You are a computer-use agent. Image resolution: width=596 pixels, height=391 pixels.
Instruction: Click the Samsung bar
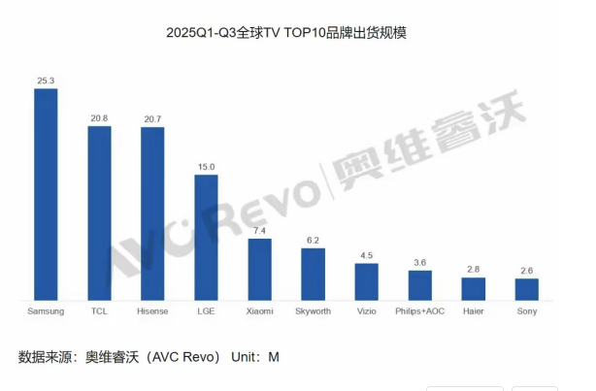tap(46, 194)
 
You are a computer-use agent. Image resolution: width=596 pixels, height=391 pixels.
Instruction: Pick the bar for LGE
tap(206, 237)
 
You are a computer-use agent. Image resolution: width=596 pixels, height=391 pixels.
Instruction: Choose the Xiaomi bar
tap(259, 269)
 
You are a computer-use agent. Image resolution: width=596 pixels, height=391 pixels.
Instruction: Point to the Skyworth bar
tap(313, 274)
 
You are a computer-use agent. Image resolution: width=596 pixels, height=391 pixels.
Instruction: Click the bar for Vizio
tap(366, 281)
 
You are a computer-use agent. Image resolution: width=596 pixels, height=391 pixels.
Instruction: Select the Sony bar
tap(526, 289)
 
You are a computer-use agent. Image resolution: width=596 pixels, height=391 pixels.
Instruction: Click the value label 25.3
tap(46, 80)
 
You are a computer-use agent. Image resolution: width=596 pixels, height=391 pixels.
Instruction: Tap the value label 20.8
tap(99, 117)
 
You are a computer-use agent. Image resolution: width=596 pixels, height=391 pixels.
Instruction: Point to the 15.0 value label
tap(206, 166)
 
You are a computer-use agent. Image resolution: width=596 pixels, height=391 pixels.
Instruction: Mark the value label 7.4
tap(259, 230)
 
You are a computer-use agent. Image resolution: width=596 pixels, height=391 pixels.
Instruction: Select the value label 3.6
tap(419, 262)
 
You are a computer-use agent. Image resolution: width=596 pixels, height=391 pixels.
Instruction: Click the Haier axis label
tap(473, 311)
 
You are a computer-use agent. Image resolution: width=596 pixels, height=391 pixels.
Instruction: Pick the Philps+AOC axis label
tap(419, 311)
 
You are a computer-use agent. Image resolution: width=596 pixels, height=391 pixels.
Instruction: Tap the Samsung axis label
tap(46, 311)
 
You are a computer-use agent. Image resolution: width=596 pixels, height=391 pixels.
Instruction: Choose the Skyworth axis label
tap(313, 311)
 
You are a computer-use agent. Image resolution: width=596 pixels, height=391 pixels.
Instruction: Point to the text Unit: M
tap(254, 357)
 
